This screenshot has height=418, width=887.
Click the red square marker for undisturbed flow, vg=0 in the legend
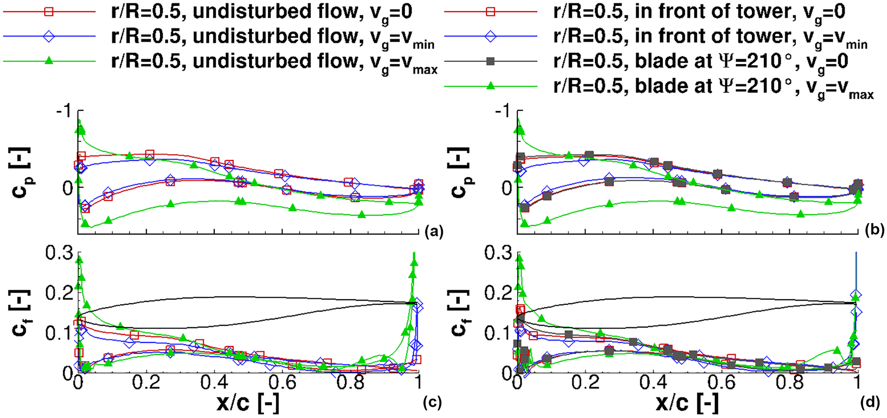tap(49, 12)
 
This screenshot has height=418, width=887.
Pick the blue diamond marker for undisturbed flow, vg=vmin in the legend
tap(49, 36)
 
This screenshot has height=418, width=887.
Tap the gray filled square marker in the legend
tap(491, 61)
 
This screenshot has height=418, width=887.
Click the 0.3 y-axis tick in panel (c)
tap(59, 253)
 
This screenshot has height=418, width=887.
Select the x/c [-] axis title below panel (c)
tap(248, 403)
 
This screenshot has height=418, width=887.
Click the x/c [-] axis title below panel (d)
tap(687, 403)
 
